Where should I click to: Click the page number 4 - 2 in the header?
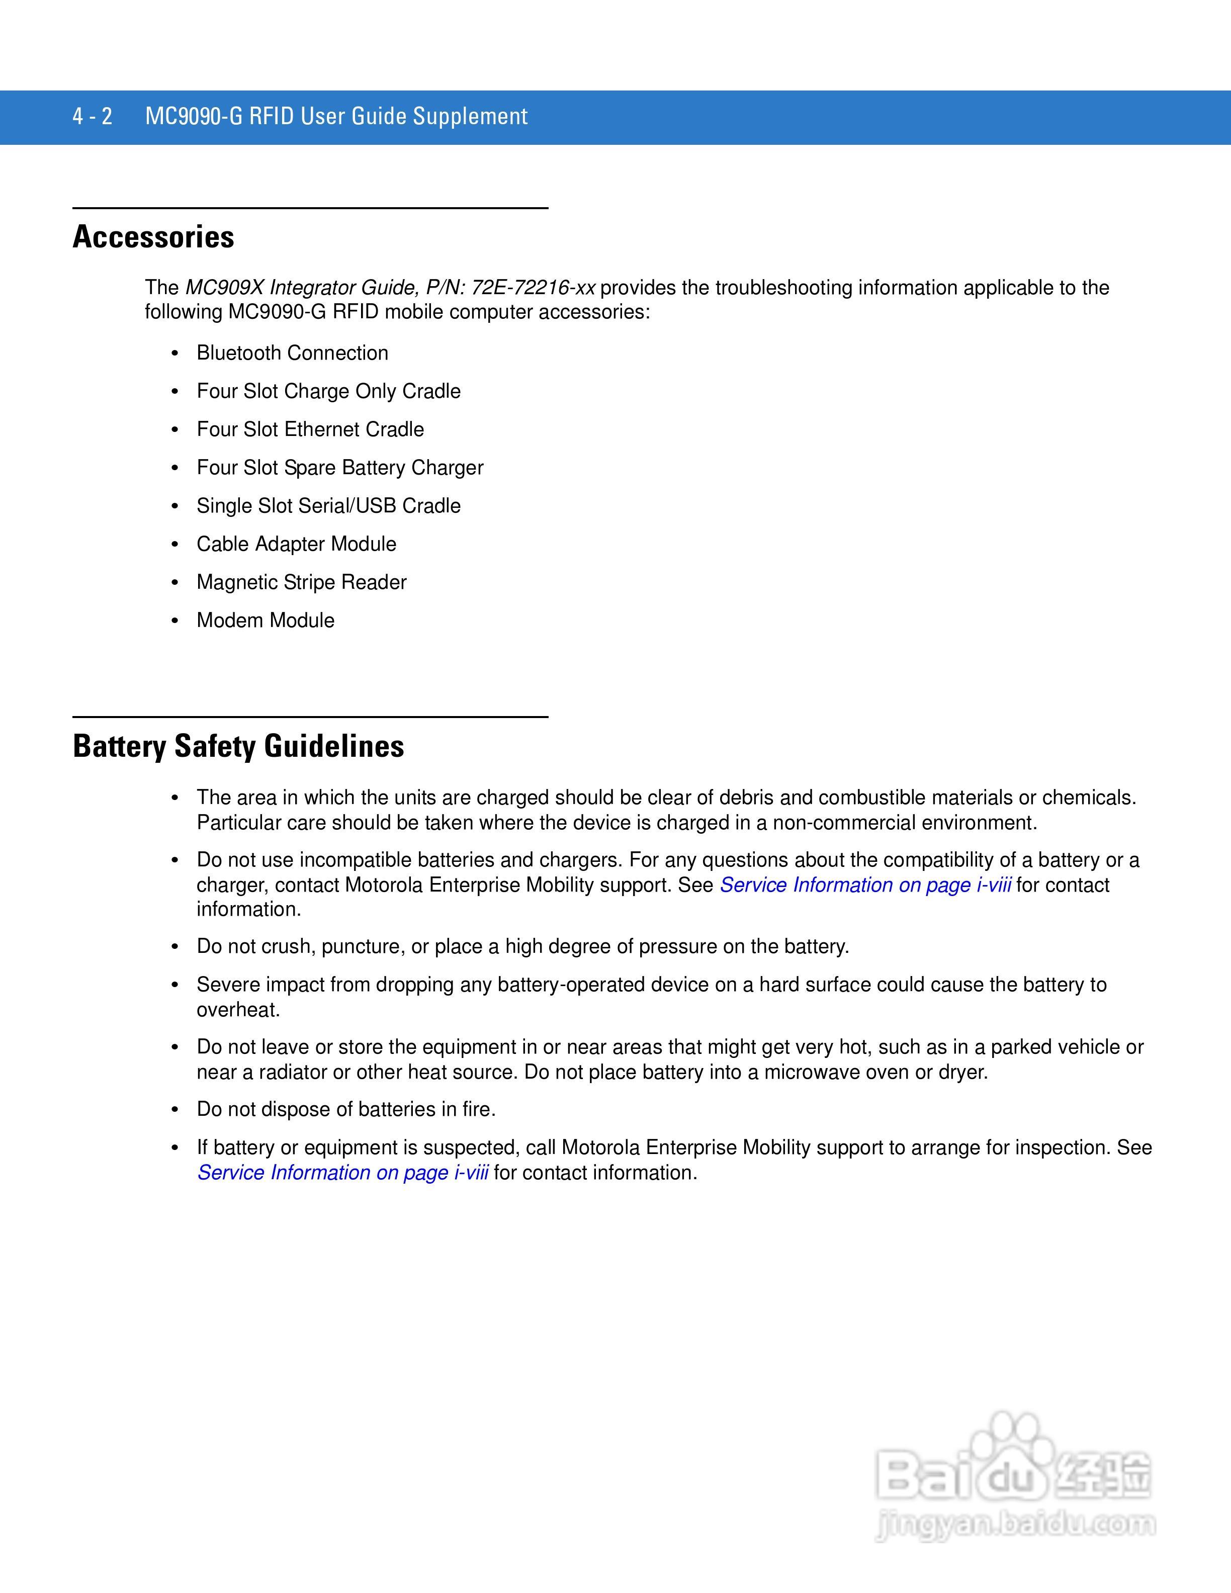[x=93, y=117]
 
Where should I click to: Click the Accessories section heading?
[x=153, y=237]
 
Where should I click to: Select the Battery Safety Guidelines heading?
[x=238, y=746]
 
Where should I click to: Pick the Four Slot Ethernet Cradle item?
[x=310, y=429]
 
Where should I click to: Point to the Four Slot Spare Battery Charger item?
[x=340, y=468]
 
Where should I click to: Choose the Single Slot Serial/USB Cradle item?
[x=328, y=506]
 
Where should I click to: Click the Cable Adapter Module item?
[x=296, y=544]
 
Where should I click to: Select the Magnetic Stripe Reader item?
[x=301, y=582]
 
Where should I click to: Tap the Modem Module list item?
[x=266, y=621]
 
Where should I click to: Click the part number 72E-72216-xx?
[x=533, y=288]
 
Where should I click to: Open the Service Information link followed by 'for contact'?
[x=865, y=886]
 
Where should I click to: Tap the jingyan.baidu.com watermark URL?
[x=1016, y=1525]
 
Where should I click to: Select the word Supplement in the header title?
[x=470, y=117]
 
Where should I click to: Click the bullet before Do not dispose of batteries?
[x=175, y=1110]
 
